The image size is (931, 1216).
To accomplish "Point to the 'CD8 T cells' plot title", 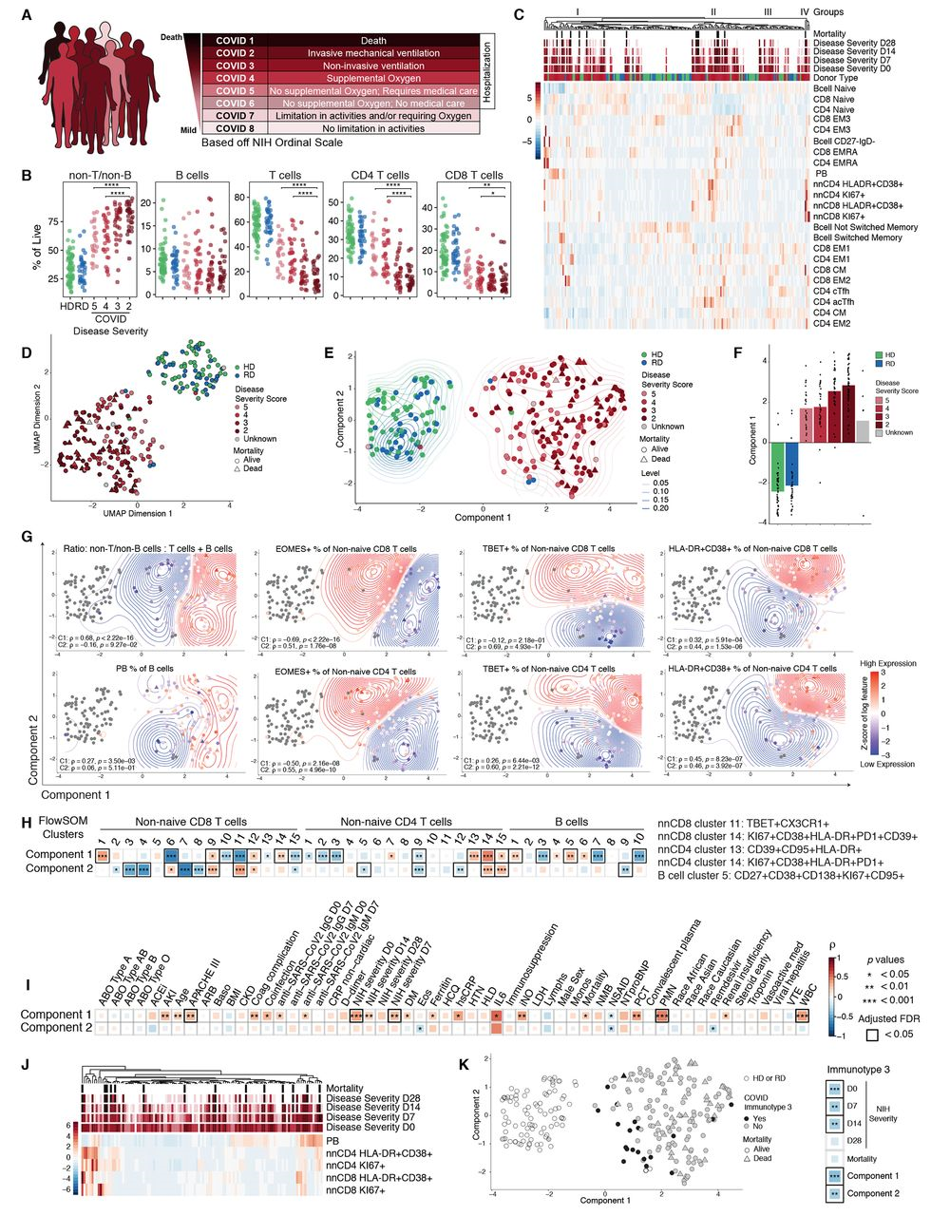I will coord(474,175).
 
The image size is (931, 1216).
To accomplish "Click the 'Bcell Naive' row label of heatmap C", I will coord(834,87).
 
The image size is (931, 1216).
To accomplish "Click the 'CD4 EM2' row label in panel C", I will coord(832,323).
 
